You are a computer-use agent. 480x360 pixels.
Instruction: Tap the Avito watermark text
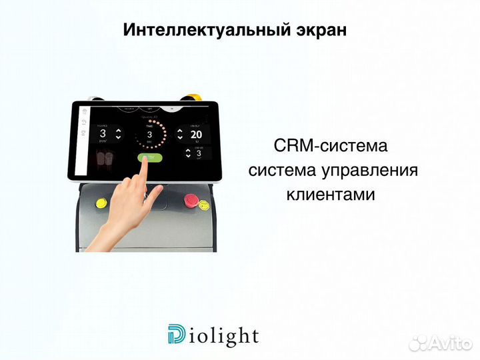(x=450, y=343)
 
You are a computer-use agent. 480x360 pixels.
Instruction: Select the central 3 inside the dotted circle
(x=150, y=134)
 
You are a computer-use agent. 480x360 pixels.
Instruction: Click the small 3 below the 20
(x=198, y=153)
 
